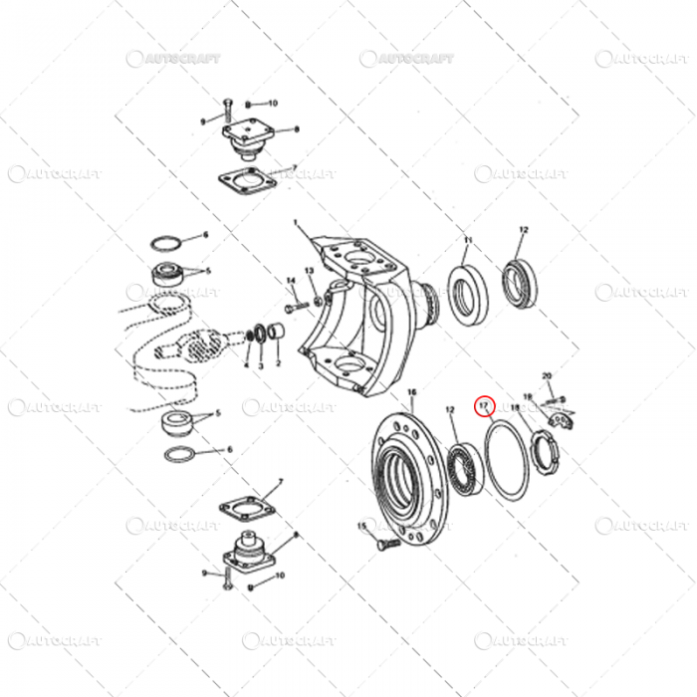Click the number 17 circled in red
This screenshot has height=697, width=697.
[x=485, y=405]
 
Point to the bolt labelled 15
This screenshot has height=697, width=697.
[x=384, y=544]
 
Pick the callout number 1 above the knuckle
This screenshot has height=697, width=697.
[x=295, y=224]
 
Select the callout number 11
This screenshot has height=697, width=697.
[x=468, y=241]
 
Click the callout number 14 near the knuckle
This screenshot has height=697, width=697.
[x=291, y=280]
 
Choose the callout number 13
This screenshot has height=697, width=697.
[x=309, y=272]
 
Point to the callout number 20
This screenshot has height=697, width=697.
[x=547, y=375]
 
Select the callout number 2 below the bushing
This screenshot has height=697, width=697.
[x=279, y=364]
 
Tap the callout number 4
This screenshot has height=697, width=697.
[x=245, y=365]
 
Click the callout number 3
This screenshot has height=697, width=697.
[x=261, y=365]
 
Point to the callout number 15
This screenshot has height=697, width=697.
[x=361, y=525]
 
